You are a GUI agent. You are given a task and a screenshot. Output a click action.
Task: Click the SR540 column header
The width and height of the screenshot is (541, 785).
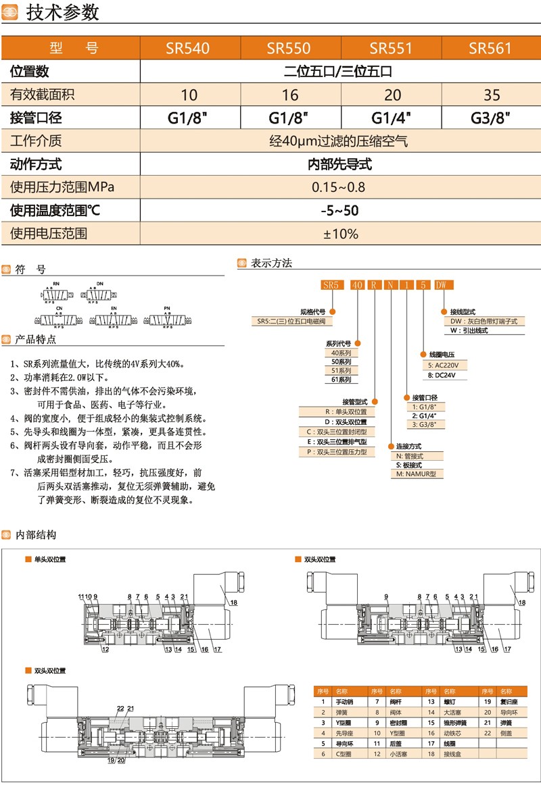point(188,49)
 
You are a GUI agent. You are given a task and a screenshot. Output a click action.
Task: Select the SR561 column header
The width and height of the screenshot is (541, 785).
point(490,49)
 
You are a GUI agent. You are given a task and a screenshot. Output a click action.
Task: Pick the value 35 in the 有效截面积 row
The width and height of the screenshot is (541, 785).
point(492,95)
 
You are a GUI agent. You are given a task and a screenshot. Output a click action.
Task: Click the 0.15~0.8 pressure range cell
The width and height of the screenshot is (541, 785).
point(339,187)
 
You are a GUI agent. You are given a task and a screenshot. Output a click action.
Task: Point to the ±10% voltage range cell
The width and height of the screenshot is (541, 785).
point(340,234)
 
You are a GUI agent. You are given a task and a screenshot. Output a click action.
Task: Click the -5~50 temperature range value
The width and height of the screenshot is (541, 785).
point(339,210)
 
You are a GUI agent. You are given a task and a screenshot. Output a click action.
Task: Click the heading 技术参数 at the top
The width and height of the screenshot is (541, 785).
point(62,12)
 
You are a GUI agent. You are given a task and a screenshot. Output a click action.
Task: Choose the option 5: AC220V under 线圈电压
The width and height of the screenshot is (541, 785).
point(447,365)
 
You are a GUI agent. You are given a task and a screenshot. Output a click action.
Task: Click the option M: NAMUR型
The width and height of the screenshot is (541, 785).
point(416,474)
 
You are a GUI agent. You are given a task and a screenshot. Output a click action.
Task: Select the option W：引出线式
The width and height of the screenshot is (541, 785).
point(469,331)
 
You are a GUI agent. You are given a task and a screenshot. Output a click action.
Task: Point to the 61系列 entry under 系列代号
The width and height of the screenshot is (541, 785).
point(341,380)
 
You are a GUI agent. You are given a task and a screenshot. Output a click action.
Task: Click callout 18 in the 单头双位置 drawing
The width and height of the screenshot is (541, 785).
point(234,602)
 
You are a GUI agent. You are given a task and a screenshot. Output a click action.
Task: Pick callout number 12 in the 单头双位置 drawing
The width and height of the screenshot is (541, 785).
point(105,649)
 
